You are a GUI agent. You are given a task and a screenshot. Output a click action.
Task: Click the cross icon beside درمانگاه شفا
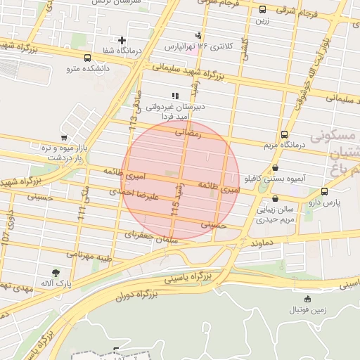[122, 41]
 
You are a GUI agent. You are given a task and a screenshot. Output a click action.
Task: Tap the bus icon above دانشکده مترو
[86, 58]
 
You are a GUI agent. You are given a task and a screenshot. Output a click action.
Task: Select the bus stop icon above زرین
[262, 10]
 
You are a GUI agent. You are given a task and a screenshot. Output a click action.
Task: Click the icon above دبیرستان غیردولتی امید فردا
[175, 96]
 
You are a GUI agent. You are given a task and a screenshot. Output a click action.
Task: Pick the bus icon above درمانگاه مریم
[284, 134]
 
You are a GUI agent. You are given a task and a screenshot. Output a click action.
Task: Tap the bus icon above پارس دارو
[324, 191]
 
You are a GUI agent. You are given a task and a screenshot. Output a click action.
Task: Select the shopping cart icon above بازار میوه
[64, 138]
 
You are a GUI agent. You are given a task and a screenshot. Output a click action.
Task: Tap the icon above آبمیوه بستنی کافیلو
[274, 168]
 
